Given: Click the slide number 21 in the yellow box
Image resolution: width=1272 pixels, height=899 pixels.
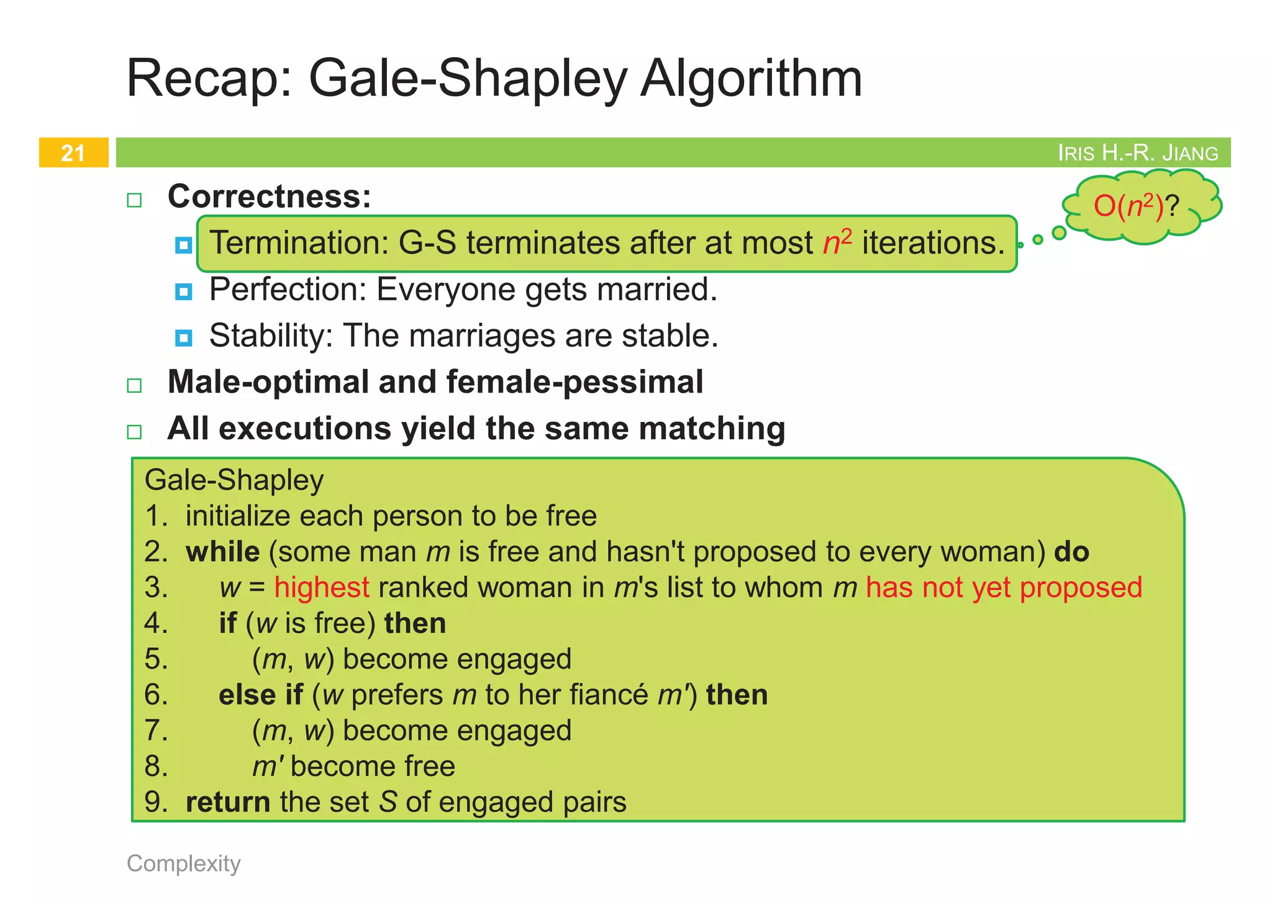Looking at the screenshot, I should [73, 153].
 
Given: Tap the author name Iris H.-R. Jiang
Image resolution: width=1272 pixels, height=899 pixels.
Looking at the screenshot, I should [1138, 153].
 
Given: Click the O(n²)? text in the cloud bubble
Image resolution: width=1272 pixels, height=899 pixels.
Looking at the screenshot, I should [1135, 206].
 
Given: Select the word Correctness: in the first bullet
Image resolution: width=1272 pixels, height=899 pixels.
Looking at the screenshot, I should [270, 197].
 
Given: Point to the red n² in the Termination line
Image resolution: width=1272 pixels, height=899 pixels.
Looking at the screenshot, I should [837, 242].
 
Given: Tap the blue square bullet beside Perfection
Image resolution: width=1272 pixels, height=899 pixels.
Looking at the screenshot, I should [184, 291].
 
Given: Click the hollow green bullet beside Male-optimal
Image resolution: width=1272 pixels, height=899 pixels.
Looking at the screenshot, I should [134, 385].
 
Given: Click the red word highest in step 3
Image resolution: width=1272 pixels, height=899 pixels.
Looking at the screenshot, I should [322, 588].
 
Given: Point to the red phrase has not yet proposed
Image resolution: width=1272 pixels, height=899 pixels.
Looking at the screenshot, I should [1004, 588].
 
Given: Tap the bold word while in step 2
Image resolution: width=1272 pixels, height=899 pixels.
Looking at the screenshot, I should [223, 552].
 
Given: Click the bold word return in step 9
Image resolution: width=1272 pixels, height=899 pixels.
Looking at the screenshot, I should [228, 802].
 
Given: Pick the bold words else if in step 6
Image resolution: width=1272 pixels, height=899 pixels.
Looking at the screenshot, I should [260, 695].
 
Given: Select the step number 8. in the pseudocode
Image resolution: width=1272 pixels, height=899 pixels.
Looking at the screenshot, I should [157, 767].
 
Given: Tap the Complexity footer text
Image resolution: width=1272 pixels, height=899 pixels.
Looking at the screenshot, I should [184, 864].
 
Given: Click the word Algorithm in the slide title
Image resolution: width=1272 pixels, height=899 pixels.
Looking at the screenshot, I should [751, 79].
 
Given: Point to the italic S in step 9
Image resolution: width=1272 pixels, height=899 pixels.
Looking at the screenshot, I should [388, 802].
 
